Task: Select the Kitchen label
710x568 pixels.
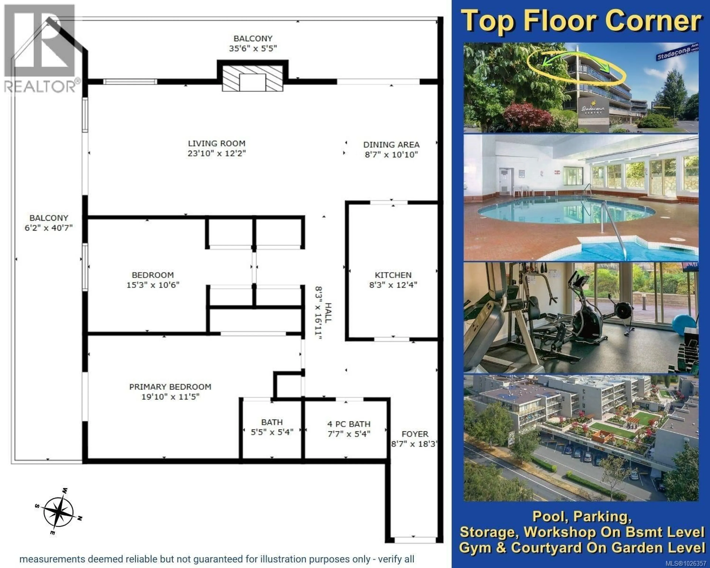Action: [x=393, y=275]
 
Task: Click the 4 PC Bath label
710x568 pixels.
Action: [x=349, y=424]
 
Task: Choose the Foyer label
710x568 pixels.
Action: [x=415, y=434]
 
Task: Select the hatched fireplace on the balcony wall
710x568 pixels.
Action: [x=252, y=78]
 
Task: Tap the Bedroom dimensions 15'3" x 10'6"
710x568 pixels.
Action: [x=153, y=285]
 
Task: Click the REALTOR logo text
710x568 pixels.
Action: [x=40, y=87]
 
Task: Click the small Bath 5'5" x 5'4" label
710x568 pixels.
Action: [x=272, y=427]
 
